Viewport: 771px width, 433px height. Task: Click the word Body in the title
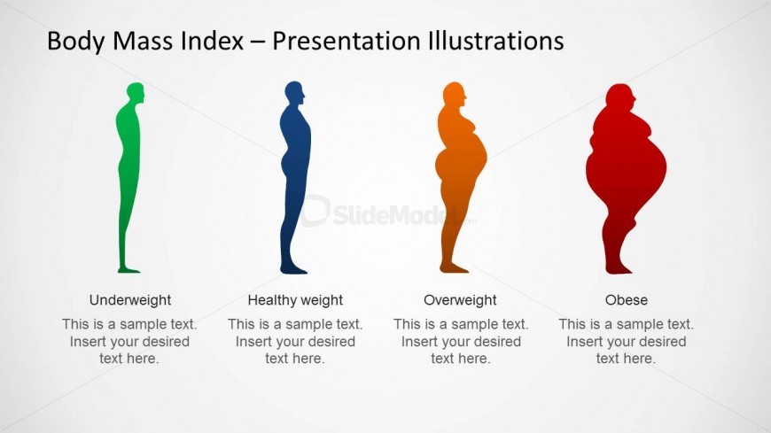(x=75, y=42)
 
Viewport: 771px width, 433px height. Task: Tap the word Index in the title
(x=212, y=41)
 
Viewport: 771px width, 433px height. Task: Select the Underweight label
(x=129, y=300)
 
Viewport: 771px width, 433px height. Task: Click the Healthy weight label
(x=295, y=300)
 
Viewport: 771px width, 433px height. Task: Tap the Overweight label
(x=460, y=300)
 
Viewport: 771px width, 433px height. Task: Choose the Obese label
(x=626, y=300)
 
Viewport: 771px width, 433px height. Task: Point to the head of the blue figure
(x=294, y=93)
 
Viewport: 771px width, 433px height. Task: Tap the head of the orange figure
(x=454, y=93)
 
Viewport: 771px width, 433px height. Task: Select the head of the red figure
(x=620, y=95)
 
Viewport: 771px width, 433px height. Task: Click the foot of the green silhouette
(x=128, y=269)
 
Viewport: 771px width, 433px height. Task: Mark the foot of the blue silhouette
(x=293, y=270)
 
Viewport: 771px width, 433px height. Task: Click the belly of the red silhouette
(x=639, y=167)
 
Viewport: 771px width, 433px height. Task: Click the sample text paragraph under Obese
(x=626, y=341)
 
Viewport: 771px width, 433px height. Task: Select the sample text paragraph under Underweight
(x=129, y=341)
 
